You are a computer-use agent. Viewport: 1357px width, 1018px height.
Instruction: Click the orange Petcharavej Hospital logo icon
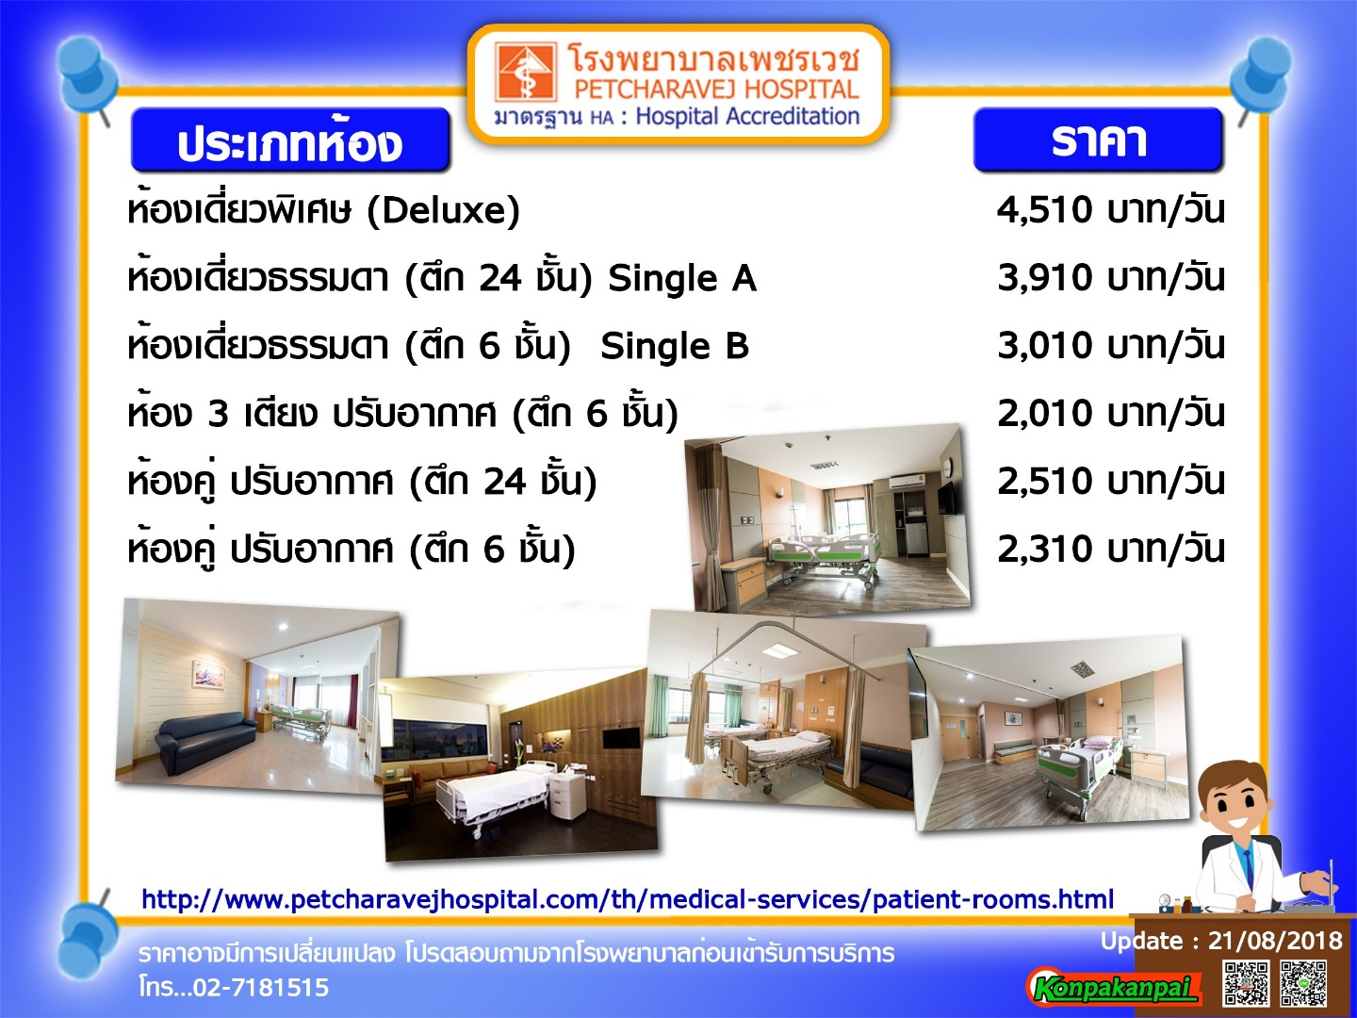(524, 72)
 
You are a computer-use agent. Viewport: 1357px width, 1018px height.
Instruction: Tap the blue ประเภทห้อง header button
(290, 140)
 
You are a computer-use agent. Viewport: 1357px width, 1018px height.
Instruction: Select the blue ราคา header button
(1098, 140)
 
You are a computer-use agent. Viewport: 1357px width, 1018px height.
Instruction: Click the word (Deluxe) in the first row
(443, 211)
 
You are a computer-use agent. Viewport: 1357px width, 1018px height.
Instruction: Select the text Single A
(682, 279)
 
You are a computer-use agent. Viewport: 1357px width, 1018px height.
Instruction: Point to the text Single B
(675, 346)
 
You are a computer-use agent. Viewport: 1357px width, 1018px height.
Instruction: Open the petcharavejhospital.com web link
(628, 899)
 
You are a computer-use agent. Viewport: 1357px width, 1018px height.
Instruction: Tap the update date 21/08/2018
(1275, 941)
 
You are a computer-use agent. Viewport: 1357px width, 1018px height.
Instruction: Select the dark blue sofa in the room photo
(205, 741)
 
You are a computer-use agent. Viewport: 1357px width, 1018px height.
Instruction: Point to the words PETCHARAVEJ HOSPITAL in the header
(716, 89)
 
